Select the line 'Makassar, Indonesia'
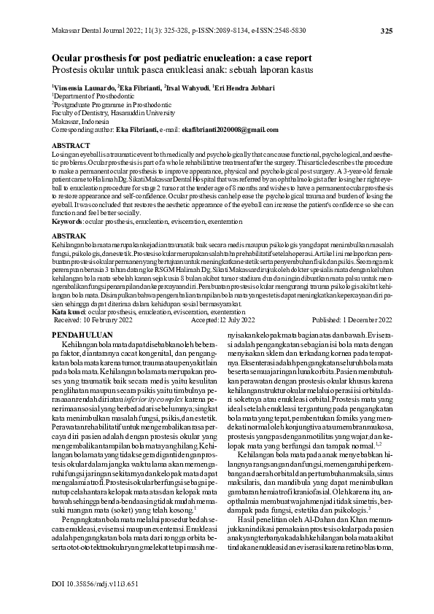[x=82, y=120]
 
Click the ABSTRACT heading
[x=71, y=147]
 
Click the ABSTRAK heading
[x=70, y=237]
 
